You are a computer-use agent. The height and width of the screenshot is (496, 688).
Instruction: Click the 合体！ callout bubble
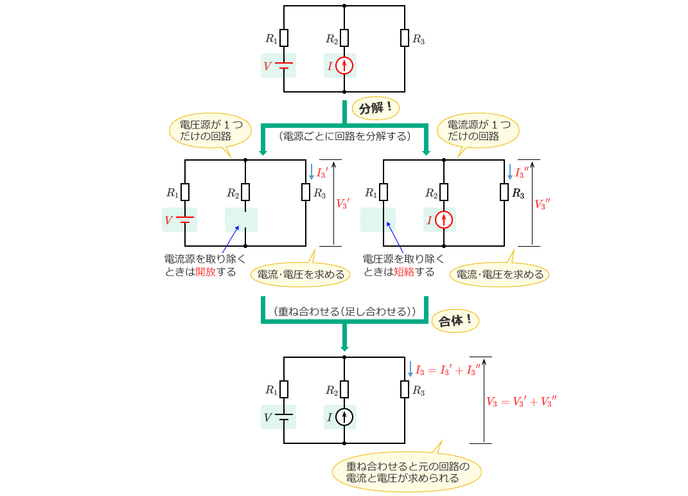click(x=455, y=321)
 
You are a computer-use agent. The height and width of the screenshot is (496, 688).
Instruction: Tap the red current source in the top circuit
click(x=345, y=66)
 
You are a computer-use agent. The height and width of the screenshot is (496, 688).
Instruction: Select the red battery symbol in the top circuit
click(x=285, y=66)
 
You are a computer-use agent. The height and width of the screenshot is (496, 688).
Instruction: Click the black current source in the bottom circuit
click(x=345, y=418)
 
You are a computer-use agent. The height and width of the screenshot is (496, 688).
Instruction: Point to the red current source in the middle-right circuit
click(x=444, y=220)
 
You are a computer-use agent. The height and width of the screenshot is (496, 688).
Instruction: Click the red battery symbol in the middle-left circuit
click(x=185, y=220)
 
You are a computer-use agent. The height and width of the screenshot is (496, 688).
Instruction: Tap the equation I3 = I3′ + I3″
click(x=447, y=370)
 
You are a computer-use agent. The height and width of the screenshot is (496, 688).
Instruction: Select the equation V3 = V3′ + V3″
click(x=521, y=402)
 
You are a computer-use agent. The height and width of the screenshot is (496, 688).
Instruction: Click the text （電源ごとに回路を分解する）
click(x=344, y=136)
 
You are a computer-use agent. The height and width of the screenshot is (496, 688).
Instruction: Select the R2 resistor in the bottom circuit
click(x=345, y=389)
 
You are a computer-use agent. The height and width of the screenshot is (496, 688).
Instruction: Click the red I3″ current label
click(x=522, y=173)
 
